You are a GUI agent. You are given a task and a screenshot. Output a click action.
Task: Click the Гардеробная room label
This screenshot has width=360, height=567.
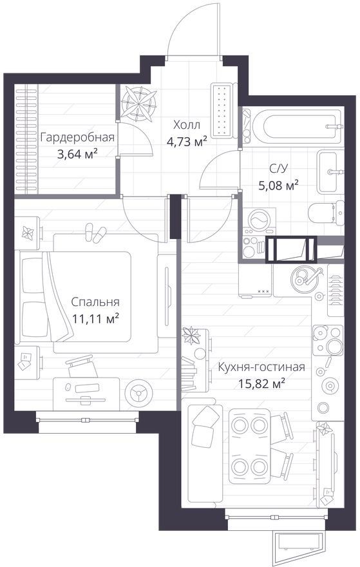pyautogui.click(x=77, y=138)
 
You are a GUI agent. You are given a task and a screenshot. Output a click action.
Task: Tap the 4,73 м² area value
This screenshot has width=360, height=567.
pyautogui.click(x=187, y=141)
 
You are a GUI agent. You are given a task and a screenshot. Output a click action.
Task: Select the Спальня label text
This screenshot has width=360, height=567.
pyautogui.click(x=95, y=302)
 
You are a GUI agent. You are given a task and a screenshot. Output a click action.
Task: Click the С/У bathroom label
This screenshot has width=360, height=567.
pyautogui.click(x=278, y=169)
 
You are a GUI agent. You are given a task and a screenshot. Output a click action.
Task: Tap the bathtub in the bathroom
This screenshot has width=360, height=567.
pyautogui.click(x=296, y=126)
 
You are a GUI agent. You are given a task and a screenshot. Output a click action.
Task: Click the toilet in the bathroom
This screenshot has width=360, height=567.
pyautogui.click(x=327, y=213)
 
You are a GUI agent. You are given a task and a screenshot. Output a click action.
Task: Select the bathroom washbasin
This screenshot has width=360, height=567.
pyautogui.click(x=330, y=172)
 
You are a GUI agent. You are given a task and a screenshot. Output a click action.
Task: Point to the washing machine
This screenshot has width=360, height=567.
pyautogui.click(x=259, y=220)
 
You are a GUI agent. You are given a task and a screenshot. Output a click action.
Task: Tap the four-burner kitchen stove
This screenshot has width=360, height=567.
pyautogui.click(x=328, y=340)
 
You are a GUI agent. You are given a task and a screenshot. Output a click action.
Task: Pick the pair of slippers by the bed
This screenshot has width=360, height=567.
pyautogui.click(x=95, y=233)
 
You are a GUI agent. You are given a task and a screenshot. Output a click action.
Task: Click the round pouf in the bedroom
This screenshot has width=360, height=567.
pyautogui.click(x=138, y=392)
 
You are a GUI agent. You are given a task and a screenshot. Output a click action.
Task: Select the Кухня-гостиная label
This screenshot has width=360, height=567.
pyautogui.click(x=261, y=367)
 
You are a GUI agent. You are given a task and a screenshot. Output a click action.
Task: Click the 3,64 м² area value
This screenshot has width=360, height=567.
pyautogui.click(x=77, y=155)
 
